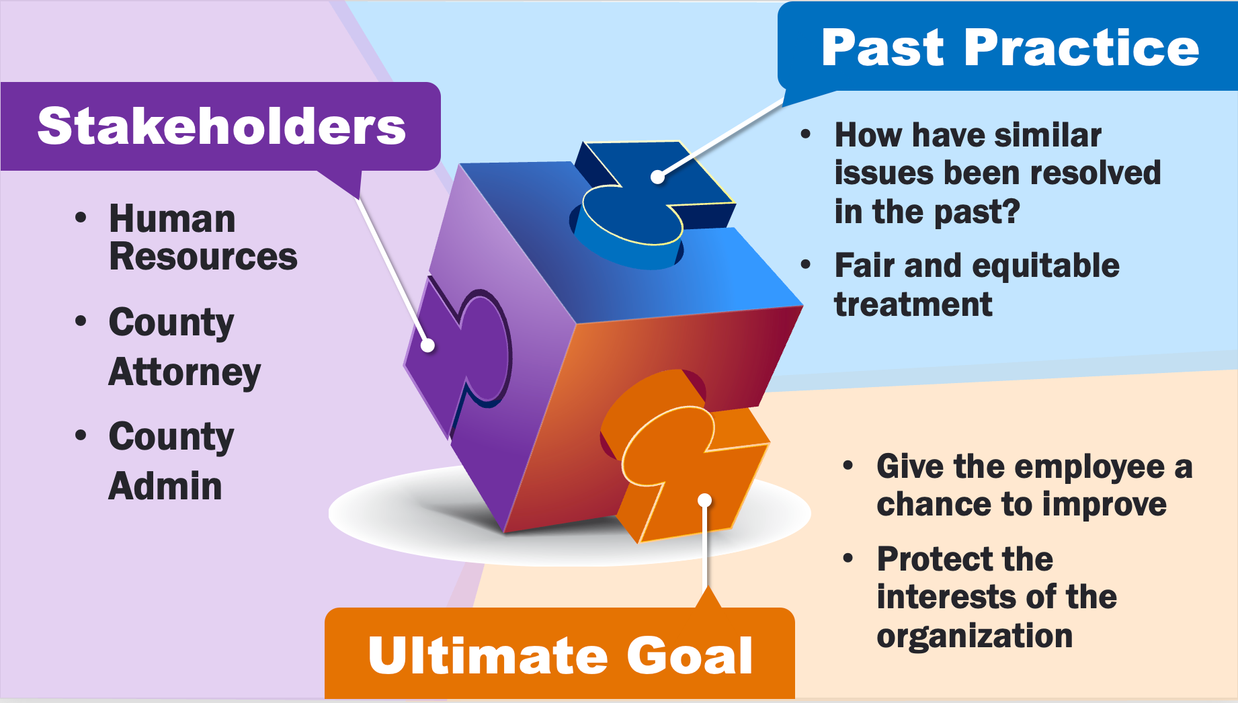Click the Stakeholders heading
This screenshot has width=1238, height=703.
click(x=221, y=126)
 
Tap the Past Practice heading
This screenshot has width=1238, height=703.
click(x=1009, y=48)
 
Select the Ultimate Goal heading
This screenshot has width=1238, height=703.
click(x=560, y=655)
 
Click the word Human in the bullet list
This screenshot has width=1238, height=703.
click(x=172, y=219)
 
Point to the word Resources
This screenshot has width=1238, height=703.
click(x=203, y=257)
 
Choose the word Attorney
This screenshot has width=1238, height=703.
click(x=184, y=372)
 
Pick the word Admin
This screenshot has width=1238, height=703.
click(x=165, y=486)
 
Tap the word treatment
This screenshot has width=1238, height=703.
click(x=913, y=304)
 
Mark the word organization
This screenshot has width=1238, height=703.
click(x=975, y=636)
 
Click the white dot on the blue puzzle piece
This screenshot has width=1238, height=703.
click(x=658, y=177)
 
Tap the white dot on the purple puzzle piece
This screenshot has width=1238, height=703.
click(x=427, y=345)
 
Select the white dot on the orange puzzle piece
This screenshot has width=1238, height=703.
click(x=704, y=500)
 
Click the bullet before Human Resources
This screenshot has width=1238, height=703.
click(x=81, y=218)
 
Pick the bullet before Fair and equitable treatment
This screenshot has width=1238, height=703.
click(x=806, y=265)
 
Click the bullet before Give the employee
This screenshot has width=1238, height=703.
click(x=848, y=465)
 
